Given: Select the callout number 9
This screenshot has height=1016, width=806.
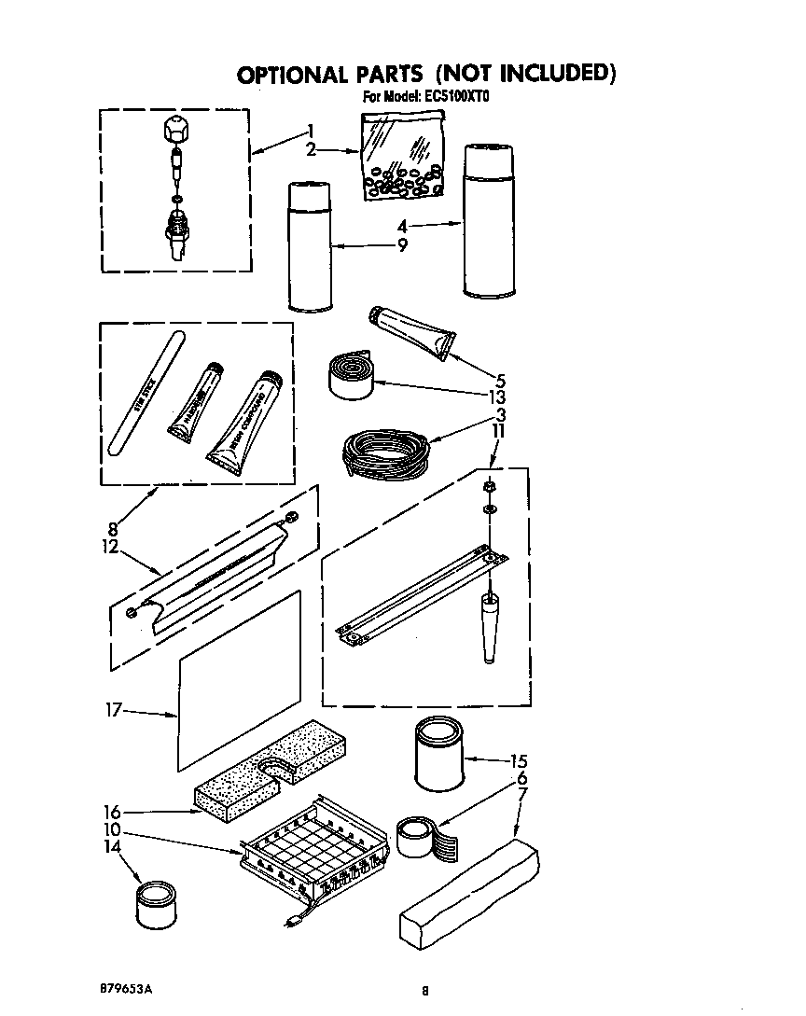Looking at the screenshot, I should click(x=402, y=245).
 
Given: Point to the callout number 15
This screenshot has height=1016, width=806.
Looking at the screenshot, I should click(x=519, y=760).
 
